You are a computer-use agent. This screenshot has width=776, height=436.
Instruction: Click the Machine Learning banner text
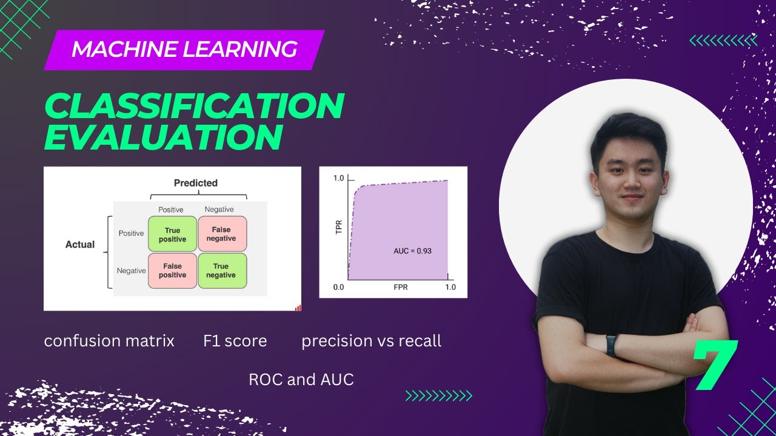(184, 49)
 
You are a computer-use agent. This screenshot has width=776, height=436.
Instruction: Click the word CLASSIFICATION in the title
(194, 107)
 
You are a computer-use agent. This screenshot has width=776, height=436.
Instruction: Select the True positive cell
(173, 234)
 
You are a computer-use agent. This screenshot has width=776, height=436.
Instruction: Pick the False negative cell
(221, 234)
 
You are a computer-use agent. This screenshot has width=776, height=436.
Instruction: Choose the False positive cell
(173, 270)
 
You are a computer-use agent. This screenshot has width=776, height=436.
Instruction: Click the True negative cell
(221, 270)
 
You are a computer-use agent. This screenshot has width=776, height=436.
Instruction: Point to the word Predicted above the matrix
(195, 183)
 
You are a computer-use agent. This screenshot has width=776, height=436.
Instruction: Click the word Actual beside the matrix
(80, 245)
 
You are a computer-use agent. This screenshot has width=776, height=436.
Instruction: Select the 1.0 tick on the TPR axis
(338, 179)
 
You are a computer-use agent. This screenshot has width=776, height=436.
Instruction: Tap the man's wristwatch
(611, 345)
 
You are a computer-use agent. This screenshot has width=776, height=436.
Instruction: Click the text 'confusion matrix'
(109, 341)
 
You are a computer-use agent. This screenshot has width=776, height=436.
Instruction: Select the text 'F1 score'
(235, 341)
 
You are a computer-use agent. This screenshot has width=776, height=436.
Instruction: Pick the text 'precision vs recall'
(371, 341)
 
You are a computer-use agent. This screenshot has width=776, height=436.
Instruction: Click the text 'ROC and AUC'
(301, 380)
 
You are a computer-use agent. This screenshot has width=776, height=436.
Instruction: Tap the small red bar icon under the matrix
(298, 308)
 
